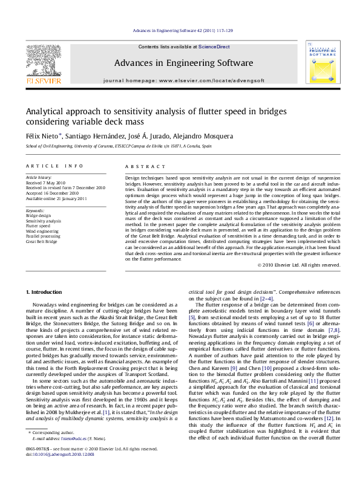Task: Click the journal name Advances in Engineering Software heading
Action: (x=183, y=63)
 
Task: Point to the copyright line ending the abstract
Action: (x=298, y=265)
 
